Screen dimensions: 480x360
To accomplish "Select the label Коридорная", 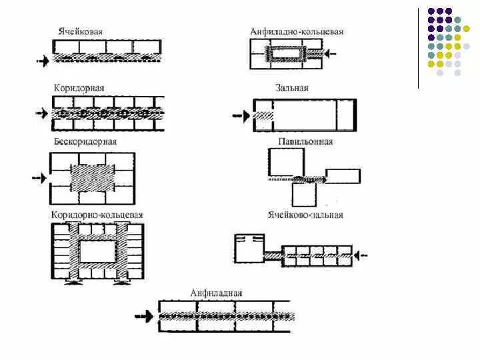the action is tap(79, 88).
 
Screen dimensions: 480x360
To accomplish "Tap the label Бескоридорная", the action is tap(85, 142).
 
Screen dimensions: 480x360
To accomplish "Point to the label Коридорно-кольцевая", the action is tap(97, 215).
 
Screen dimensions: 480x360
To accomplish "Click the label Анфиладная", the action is tap(216, 293).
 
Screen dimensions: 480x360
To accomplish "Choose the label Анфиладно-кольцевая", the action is tap(297, 31).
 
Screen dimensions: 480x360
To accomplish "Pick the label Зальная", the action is tap(291, 88).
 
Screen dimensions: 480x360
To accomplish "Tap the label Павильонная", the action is tap(305, 142).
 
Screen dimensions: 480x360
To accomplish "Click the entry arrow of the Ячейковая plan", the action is tap(43, 61).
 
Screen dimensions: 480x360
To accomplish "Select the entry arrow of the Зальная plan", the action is tap(240, 116).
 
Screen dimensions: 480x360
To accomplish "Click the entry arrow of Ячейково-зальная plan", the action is tap(363, 254).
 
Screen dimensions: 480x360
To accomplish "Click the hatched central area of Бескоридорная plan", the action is tap(93, 178).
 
